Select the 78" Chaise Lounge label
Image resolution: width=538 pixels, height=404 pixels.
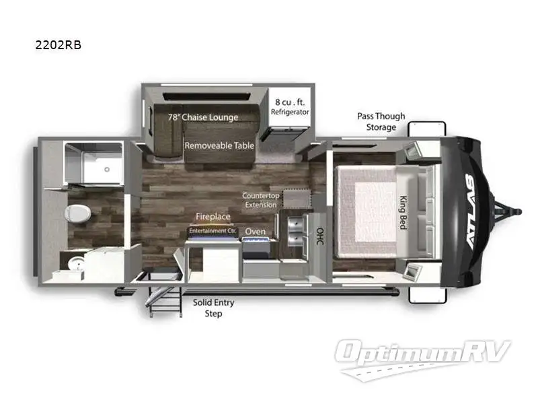[x=203, y=117]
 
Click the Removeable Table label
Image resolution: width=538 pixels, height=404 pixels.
[x=219, y=145]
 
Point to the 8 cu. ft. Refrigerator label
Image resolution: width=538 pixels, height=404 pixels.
[x=290, y=106]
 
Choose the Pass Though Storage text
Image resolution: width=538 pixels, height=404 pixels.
[x=381, y=121]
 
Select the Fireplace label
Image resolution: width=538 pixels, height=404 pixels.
[x=213, y=217]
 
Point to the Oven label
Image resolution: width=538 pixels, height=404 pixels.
[x=255, y=231]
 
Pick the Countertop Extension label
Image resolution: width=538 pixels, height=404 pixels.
[x=260, y=200]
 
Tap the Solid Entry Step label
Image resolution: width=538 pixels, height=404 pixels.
[x=213, y=308]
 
